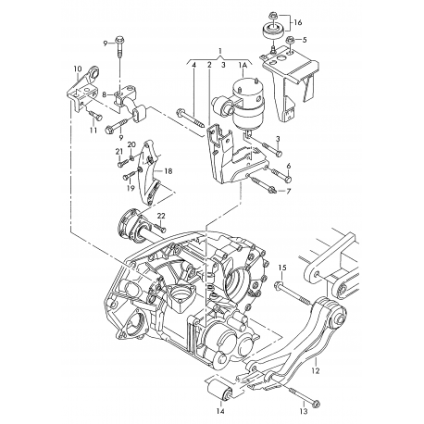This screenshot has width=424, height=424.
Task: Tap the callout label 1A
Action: click(243, 66)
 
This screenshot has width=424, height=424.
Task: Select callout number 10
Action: click(77, 69)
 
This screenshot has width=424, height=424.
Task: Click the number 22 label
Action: click(161, 216)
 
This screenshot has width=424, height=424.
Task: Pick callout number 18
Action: click(168, 171)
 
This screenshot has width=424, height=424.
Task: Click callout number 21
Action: click(118, 151)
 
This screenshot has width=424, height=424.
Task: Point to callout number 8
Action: click(106, 94)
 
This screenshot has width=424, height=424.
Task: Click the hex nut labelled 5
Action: click(291, 42)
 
